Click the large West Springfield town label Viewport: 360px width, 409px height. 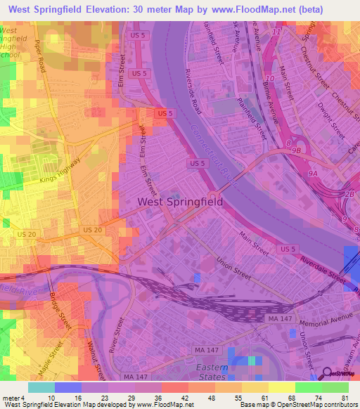pos(180,202)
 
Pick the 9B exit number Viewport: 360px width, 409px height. pos(297,150)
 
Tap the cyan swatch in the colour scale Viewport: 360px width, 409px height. pos(41,387)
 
